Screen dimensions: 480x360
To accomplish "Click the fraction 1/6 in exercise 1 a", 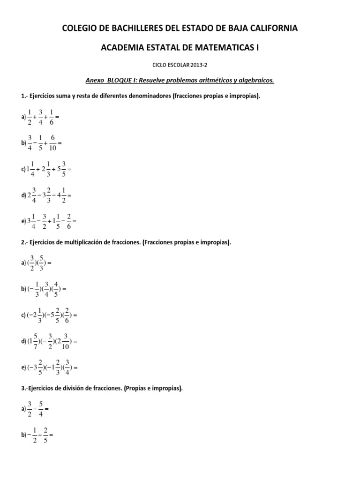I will [51, 117].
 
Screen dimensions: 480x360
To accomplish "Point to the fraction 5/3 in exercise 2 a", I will [42, 263].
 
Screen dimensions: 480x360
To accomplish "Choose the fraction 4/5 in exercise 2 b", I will [56, 289].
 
